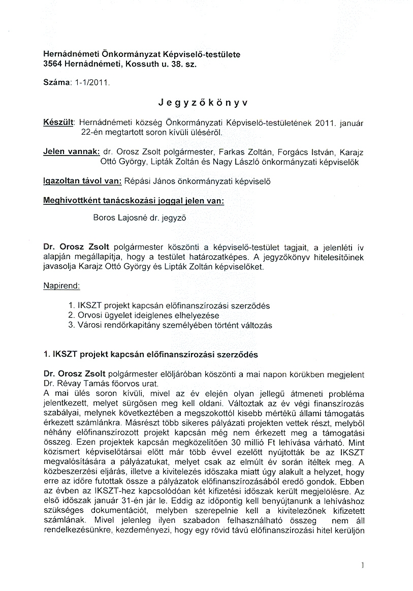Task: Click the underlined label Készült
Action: [59, 123]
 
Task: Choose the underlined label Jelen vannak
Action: [71, 152]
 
